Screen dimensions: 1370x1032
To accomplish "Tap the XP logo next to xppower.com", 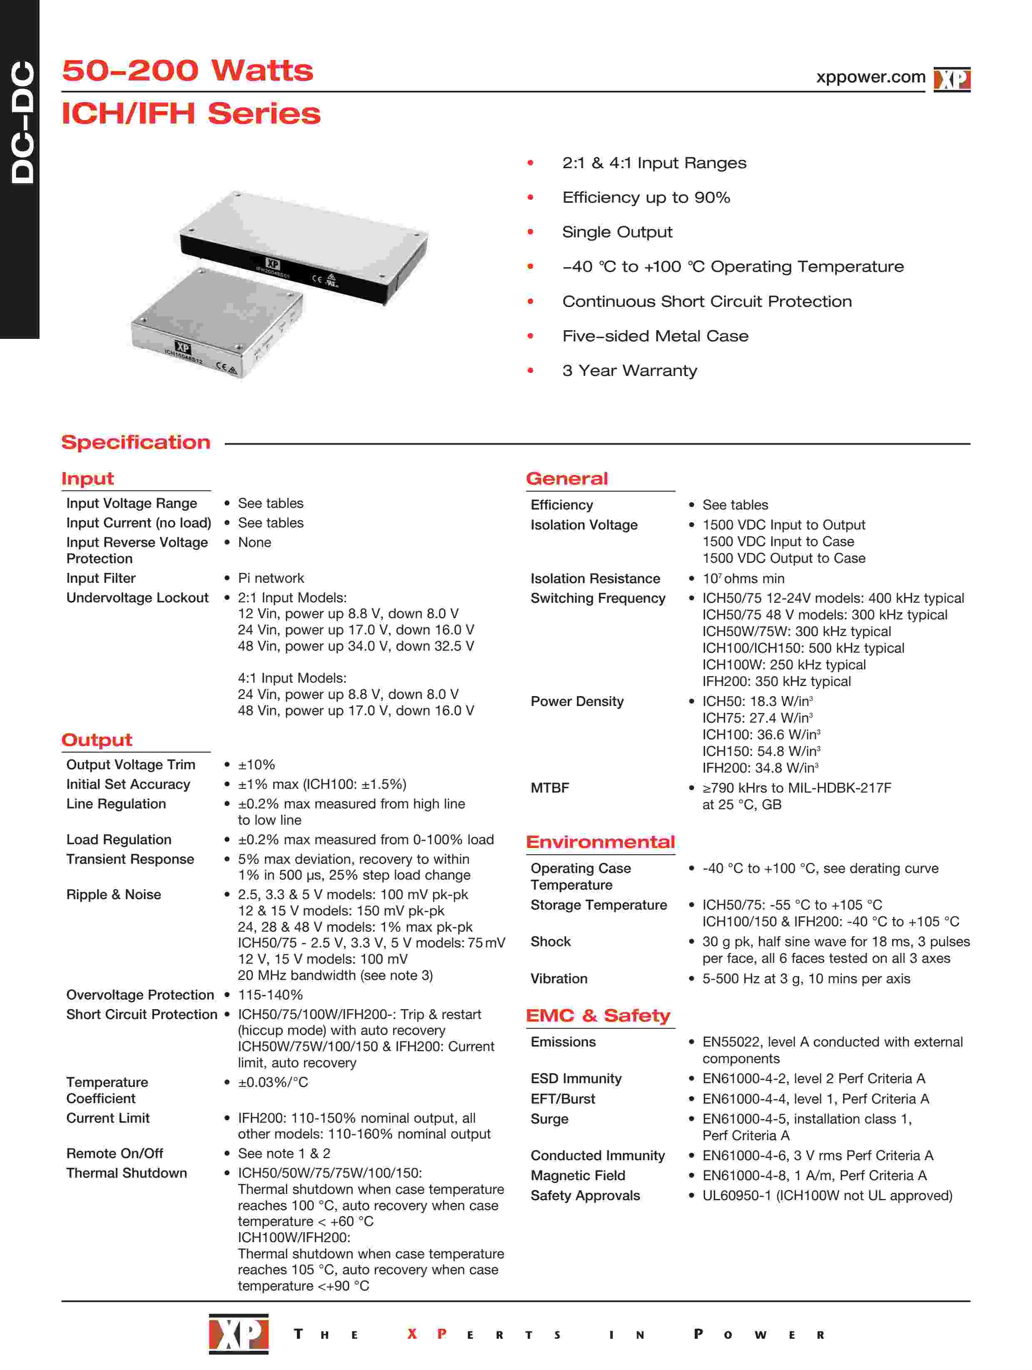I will (x=952, y=79).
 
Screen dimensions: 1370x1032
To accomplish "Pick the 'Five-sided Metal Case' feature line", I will (x=655, y=336).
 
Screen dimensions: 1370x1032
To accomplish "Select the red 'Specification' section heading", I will (x=136, y=442).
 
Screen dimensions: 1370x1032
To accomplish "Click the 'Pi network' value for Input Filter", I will (x=271, y=578).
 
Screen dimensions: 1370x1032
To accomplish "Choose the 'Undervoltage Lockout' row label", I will (x=137, y=598).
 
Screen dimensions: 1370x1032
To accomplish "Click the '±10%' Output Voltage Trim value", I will (x=256, y=764).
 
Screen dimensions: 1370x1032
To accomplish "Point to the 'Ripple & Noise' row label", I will (x=113, y=894).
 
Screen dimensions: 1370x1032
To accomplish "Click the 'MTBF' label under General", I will (x=550, y=788).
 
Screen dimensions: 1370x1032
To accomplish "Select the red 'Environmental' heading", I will (x=599, y=842).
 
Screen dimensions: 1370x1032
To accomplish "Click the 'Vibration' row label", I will (x=559, y=979).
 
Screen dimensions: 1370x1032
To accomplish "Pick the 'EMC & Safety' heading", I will (x=598, y=1016).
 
